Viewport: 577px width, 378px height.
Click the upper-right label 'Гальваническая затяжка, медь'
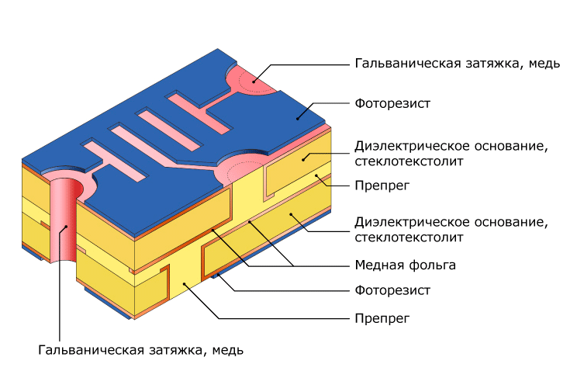tap(458, 64)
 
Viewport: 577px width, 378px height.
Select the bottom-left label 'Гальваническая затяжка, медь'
tap(140, 349)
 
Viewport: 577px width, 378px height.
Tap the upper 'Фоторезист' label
tap(392, 103)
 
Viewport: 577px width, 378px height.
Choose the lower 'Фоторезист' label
tap(392, 290)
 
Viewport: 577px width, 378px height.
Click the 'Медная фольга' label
tap(405, 265)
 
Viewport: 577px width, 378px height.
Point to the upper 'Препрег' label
tap(382, 186)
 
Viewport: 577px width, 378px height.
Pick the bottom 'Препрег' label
tap(382, 318)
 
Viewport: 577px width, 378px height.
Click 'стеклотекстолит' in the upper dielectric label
tap(409, 161)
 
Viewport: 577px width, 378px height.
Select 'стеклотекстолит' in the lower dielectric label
tap(409, 238)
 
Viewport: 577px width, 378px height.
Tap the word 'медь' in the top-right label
tap(544, 64)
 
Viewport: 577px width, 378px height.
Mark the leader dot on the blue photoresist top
tap(297, 119)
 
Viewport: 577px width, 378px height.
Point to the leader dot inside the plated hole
tap(67, 227)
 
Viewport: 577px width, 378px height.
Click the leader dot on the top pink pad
tap(254, 81)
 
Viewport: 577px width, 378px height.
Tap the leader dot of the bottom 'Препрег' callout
tap(185, 283)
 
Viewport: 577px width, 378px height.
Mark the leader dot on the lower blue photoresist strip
tap(219, 275)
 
